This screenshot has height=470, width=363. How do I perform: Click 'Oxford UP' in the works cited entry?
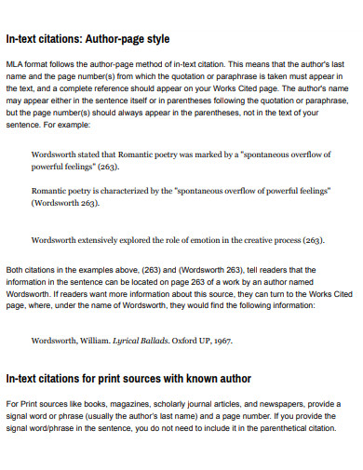[x=194, y=341]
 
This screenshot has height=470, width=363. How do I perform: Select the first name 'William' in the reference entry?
[x=93, y=341]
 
